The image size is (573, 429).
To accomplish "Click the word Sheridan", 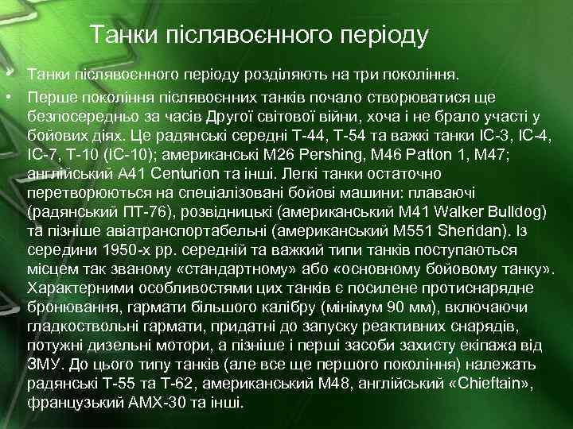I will tap(434, 230).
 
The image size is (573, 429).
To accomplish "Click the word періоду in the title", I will tap(384, 36).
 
